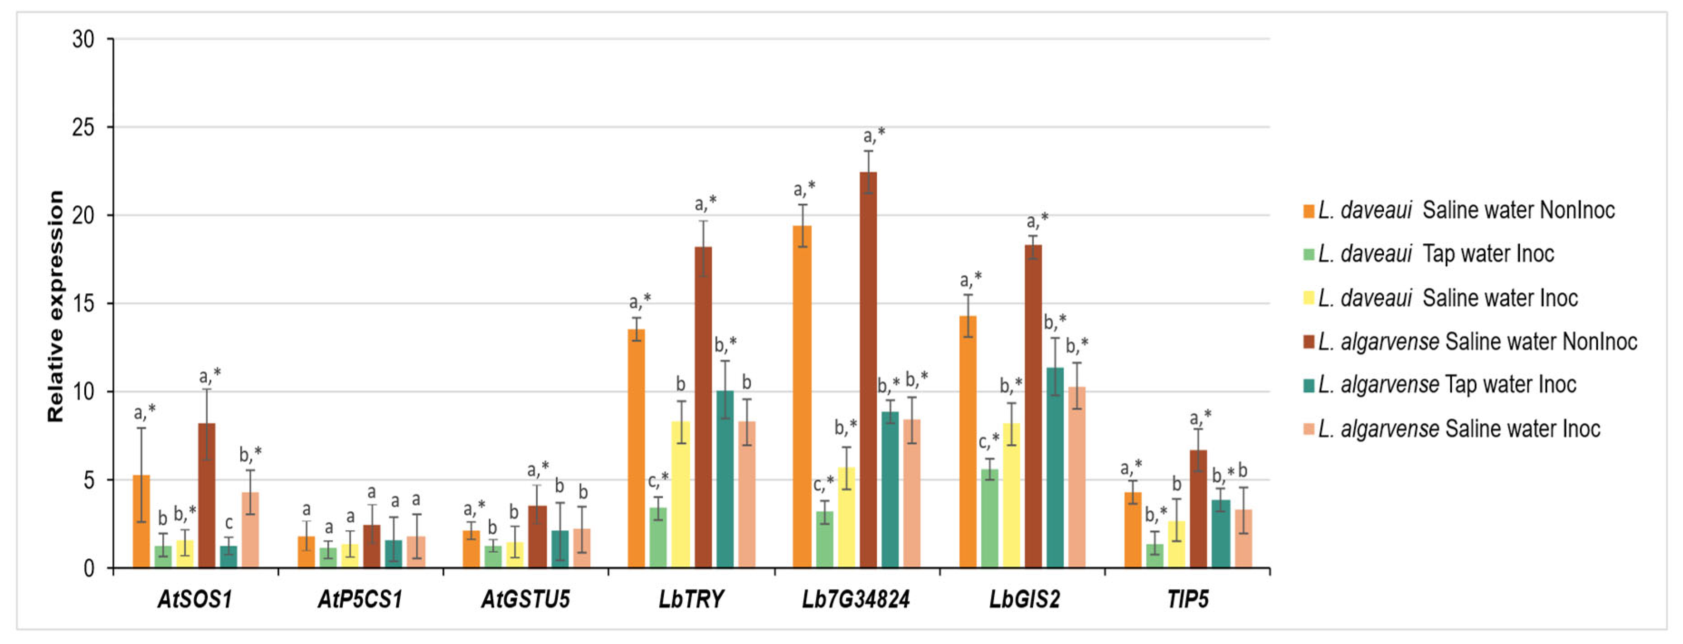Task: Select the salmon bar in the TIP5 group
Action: coord(1243,538)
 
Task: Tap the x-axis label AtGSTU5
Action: coord(525,599)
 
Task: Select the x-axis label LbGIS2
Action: coord(1024,599)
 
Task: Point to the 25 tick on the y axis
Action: coord(83,127)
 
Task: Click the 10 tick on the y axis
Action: coord(83,392)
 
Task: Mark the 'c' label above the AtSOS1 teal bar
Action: coord(229,523)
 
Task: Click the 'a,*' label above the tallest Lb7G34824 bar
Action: coord(874,136)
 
